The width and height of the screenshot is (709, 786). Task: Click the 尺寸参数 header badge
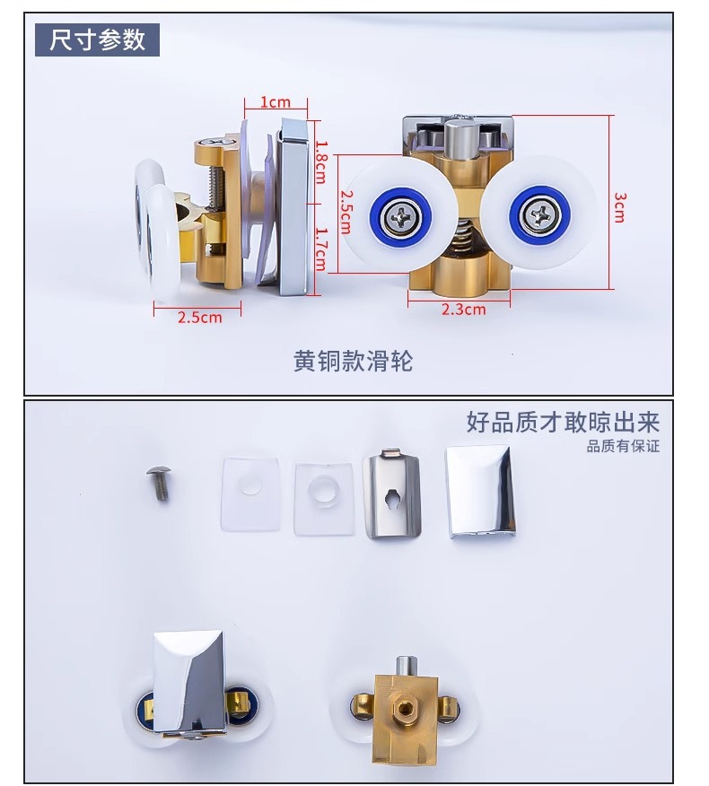97,39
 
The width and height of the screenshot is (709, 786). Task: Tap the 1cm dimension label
276,102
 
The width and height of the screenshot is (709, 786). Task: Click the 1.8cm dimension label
320,162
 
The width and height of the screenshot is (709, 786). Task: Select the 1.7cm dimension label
321,249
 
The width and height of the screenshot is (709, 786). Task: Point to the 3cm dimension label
620,207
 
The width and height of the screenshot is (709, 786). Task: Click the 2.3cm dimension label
464,310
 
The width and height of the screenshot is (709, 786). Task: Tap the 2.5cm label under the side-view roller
199,317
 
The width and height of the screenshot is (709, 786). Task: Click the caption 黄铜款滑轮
353,361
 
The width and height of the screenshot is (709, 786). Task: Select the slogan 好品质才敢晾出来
563,422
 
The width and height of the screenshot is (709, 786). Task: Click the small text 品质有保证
623,446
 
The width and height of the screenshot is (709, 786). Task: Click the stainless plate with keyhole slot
392,493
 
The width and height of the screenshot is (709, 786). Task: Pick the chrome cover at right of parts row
480,493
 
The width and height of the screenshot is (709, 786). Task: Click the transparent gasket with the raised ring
323,499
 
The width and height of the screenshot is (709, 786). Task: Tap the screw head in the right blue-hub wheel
539,215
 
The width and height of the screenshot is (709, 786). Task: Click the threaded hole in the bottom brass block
404,708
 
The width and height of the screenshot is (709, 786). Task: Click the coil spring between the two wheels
466,239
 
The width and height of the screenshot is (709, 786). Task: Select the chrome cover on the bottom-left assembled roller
190,686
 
